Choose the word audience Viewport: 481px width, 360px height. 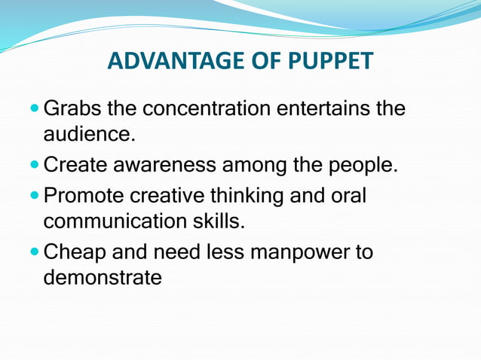pyautogui.click(x=86, y=135)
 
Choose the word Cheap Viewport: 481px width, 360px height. pyautogui.click(x=75, y=252)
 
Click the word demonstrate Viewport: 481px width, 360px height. pyautogui.click(x=103, y=277)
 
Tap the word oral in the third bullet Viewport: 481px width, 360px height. pyautogui.click(x=348, y=197)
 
